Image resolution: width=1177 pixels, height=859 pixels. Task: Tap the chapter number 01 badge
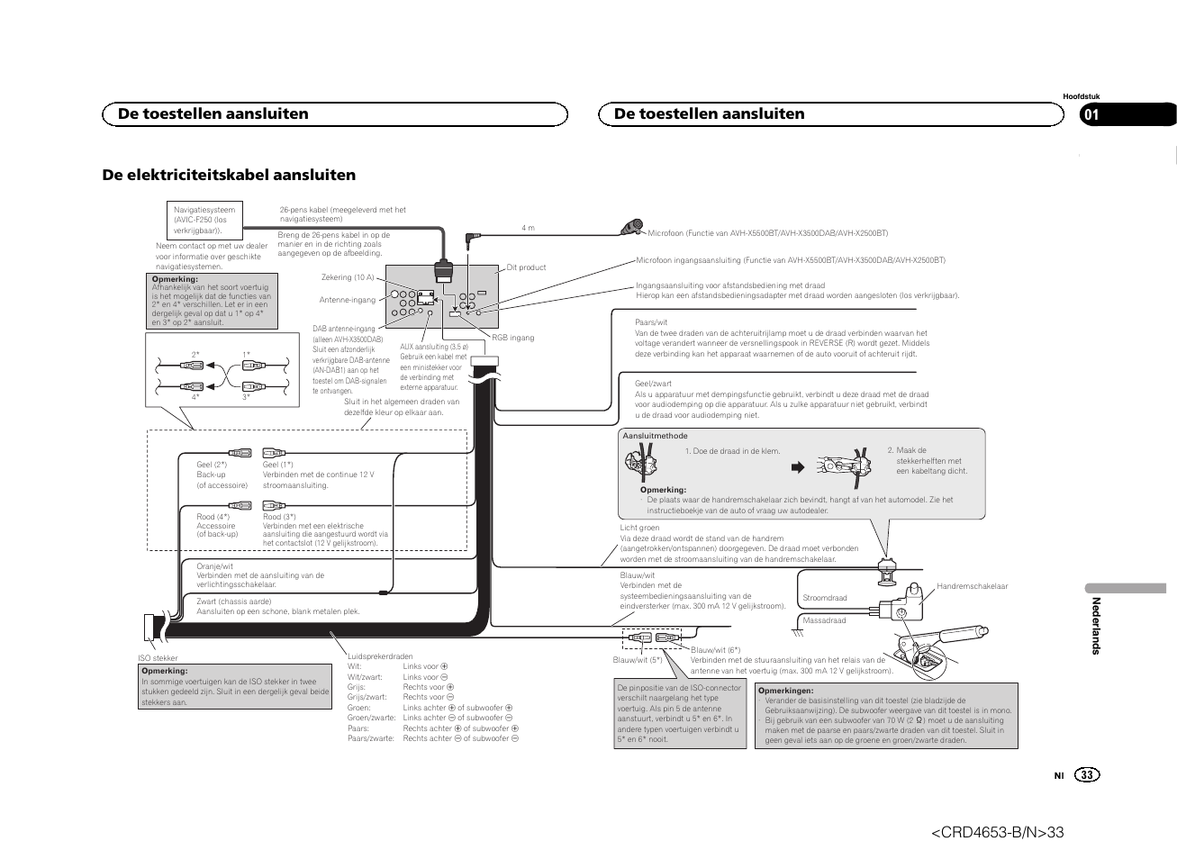pos(1091,114)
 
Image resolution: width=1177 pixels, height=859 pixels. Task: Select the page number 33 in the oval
pos(1087,775)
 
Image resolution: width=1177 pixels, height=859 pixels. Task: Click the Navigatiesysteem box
pos(204,220)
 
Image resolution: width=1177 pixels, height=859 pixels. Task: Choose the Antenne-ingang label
pos(347,300)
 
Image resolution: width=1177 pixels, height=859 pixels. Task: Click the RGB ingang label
pos(512,338)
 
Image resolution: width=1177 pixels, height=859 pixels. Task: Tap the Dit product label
pos(526,267)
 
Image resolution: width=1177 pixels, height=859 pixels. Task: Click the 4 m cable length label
pos(528,228)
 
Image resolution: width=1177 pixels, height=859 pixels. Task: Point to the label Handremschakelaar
pos(972,586)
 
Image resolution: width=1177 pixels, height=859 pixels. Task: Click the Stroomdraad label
pos(824,598)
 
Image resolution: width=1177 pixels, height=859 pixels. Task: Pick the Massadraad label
pos(824,620)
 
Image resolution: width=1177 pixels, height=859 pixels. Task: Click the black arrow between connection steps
pos(796,467)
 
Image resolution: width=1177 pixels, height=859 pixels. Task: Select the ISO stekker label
pos(158,658)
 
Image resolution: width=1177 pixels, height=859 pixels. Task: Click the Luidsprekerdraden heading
pos(380,656)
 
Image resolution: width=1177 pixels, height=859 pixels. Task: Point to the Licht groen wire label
pos(639,528)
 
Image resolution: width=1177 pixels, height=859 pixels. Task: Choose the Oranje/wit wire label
pos(214,566)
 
